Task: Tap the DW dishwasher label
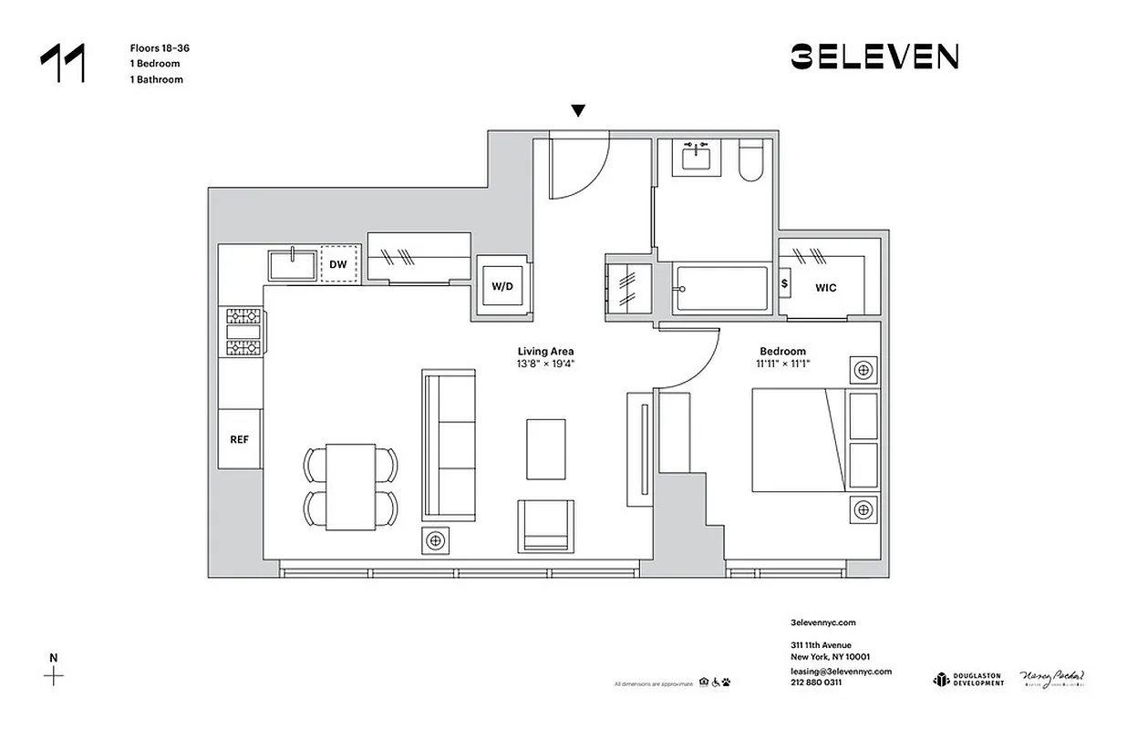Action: tap(338, 264)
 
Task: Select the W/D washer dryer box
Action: tap(502, 286)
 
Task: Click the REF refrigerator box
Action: tap(240, 438)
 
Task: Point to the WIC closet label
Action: tap(826, 287)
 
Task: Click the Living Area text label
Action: tap(545, 351)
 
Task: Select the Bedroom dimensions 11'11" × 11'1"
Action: tap(782, 364)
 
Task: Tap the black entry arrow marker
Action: tap(577, 111)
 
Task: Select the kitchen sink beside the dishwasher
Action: tap(292, 265)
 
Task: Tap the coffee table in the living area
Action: tap(545, 447)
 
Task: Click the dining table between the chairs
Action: tap(351, 486)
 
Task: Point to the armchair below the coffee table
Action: tap(546, 526)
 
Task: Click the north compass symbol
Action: tap(55, 675)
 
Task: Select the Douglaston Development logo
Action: tap(967, 679)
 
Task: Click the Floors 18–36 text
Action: tap(160, 47)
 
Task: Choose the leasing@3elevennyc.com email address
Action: tap(840, 671)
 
